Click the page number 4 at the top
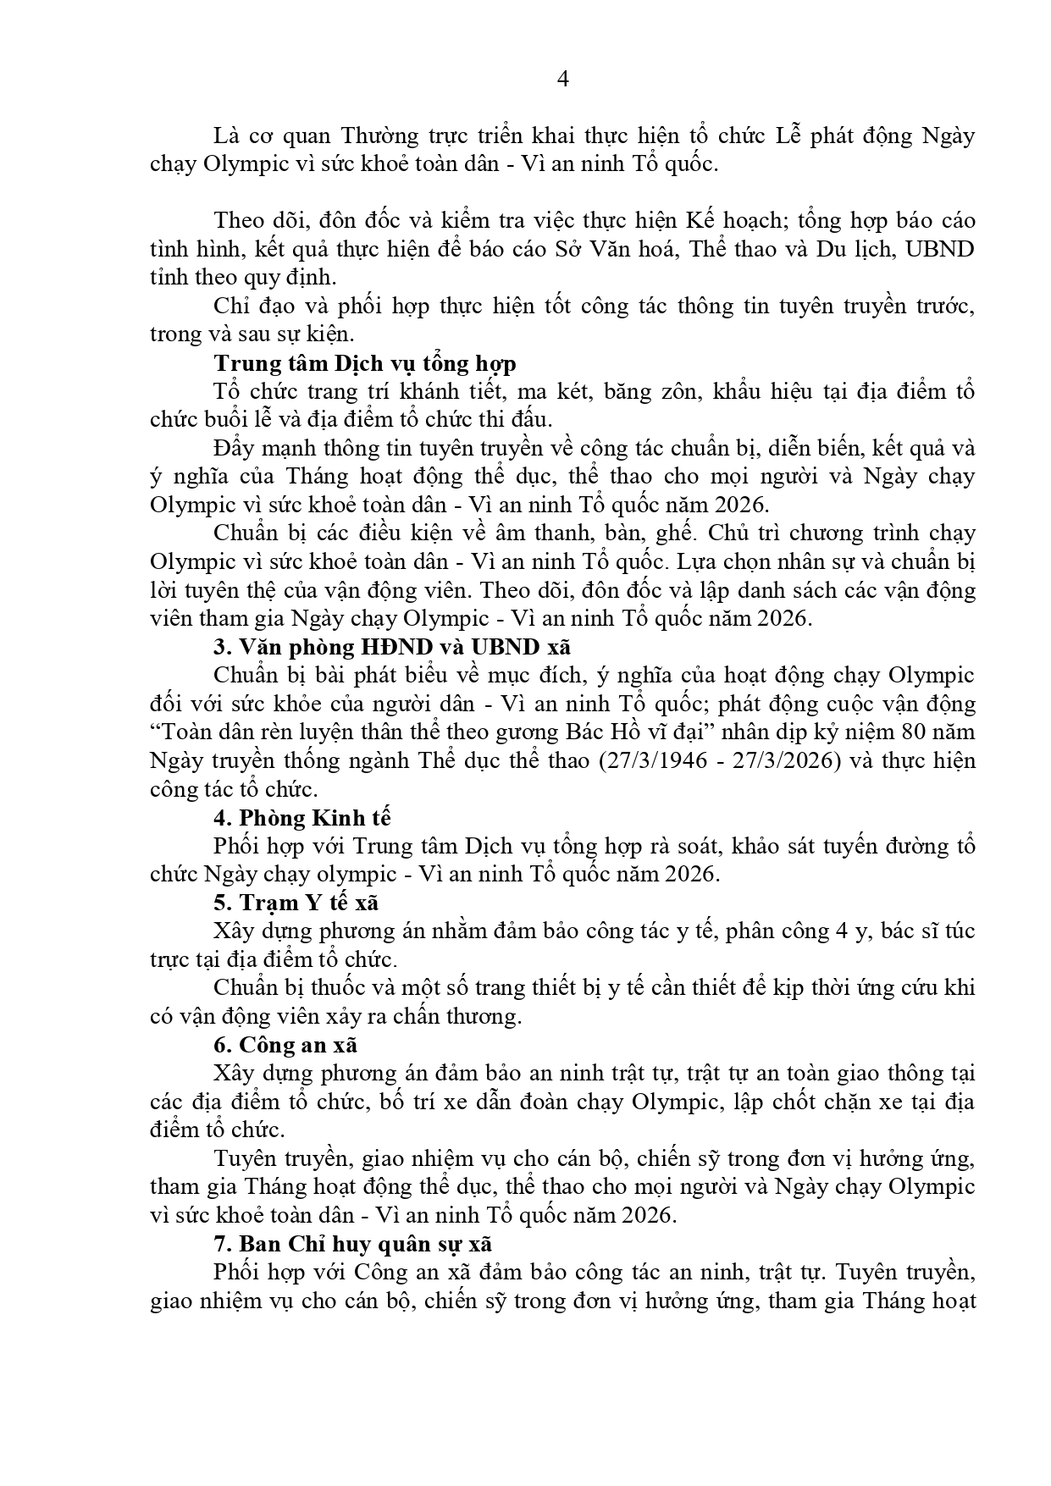563,80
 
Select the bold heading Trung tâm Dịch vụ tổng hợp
364,363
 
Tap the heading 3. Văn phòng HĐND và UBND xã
392,647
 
